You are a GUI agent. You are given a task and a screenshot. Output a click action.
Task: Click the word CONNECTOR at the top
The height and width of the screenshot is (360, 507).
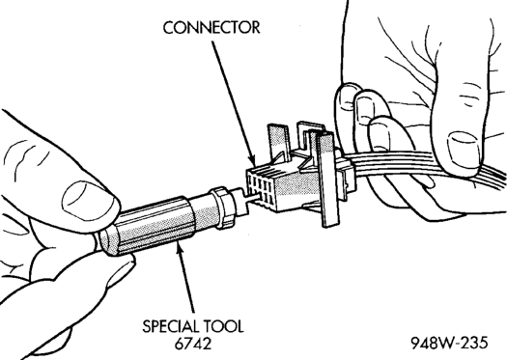(x=211, y=28)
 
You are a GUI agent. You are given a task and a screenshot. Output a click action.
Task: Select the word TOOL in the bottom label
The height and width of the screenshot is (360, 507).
(x=223, y=326)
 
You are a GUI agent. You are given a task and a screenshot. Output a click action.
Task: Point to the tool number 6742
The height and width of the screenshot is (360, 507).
(x=193, y=344)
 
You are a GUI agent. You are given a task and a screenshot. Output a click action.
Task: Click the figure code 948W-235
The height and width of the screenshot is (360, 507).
(x=449, y=343)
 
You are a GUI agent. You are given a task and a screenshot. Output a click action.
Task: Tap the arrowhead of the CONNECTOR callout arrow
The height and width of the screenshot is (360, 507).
(x=252, y=160)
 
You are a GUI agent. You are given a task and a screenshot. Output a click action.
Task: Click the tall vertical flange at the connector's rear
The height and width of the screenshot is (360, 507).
(x=327, y=180)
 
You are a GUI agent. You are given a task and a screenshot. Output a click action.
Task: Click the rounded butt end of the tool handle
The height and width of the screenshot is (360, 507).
(x=104, y=241)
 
